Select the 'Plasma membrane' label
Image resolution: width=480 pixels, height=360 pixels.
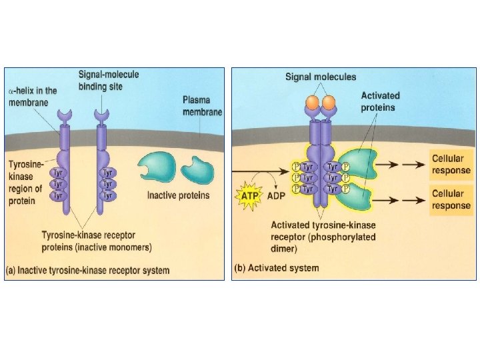[202, 107]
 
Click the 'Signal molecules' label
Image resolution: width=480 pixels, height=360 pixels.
[321, 77]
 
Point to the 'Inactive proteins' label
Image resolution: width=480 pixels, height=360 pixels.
[178, 195]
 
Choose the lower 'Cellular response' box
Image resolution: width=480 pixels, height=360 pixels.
[451, 199]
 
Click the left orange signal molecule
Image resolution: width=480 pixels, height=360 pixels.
[311, 102]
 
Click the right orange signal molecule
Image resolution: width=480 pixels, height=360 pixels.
[329, 102]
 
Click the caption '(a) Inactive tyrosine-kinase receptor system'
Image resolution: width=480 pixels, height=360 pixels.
[88, 271]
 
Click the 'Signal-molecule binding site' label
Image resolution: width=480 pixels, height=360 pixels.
[109, 81]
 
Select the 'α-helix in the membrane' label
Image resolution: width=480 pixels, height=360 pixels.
[33, 95]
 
